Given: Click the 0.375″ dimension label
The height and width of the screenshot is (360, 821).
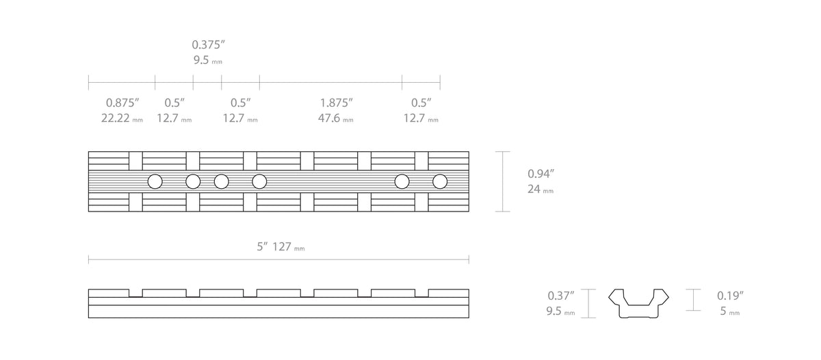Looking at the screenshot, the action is click(x=208, y=44).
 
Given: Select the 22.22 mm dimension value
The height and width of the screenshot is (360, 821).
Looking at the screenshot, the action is click(x=122, y=118).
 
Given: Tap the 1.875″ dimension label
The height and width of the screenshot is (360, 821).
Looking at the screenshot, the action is click(x=336, y=103).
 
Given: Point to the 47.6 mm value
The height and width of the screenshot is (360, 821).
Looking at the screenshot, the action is click(x=335, y=118).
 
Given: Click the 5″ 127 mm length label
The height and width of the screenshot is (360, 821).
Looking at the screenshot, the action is click(x=281, y=246).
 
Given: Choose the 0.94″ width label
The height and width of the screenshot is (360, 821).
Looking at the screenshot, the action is click(x=540, y=174).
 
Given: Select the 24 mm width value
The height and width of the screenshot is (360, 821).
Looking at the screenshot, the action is click(x=540, y=189).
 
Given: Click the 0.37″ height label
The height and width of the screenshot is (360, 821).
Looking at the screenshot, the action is click(x=561, y=296).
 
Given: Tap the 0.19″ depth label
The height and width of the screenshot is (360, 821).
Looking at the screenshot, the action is click(x=730, y=296).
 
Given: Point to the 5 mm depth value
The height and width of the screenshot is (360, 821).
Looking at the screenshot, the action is click(x=730, y=311).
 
